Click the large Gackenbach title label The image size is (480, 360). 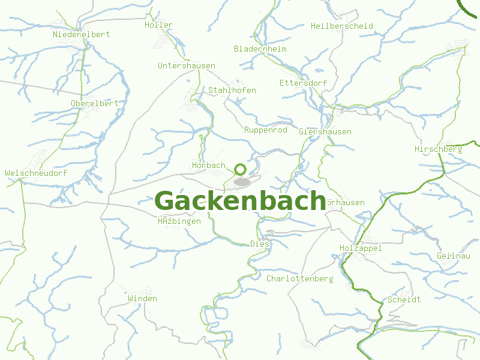tap(240, 201)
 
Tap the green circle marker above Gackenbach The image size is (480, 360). tap(241, 169)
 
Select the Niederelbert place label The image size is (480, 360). tap(82, 34)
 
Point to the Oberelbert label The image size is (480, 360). tap(95, 103)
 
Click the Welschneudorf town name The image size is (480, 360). tap(36, 173)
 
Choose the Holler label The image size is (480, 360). tap(158, 25)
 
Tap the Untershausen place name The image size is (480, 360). tap(187, 65)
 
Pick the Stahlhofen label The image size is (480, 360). tap(232, 90)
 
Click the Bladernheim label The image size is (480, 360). tap(260, 49)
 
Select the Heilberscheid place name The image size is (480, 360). tap(342, 26)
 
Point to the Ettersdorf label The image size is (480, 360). tap(302, 82)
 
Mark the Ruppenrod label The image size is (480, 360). tap(266, 130)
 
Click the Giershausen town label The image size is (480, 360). tap(325, 131)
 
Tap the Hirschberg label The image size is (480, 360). tap(439, 149)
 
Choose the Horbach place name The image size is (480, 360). tap(209, 165)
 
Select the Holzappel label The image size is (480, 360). tap(361, 248)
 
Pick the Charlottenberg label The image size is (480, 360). tap(300, 279)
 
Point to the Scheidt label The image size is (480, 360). tap(404, 299)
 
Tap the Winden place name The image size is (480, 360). tap(143, 298)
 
